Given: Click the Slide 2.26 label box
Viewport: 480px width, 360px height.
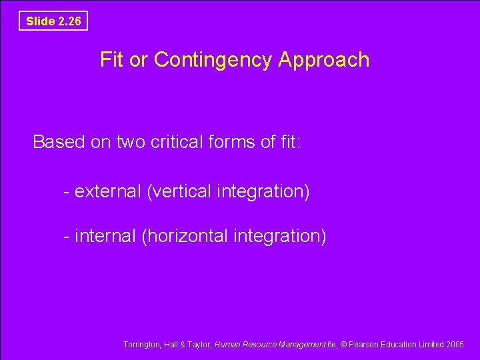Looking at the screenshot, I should tap(53, 21).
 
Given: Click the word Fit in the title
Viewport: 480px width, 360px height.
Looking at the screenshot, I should tap(112, 60).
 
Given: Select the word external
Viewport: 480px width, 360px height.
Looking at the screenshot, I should tap(108, 191).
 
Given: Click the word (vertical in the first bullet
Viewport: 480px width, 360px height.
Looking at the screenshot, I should tap(179, 191).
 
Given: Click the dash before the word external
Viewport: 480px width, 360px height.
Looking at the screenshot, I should tap(67, 192).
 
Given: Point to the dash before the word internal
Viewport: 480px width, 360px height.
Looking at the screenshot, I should tap(67, 237).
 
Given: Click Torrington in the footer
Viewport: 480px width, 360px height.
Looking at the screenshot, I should tap(141, 345).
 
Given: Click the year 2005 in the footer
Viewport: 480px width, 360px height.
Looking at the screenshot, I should tap(455, 345).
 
